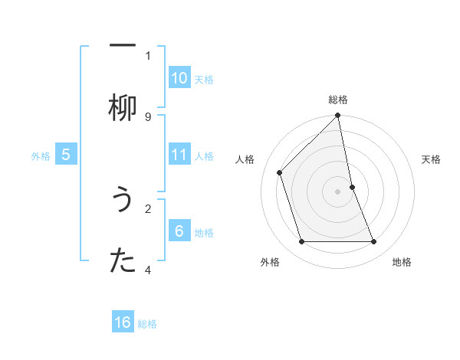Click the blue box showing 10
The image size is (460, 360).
[x=179, y=78]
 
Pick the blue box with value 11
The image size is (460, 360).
[x=179, y=155]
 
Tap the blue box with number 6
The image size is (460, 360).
[x=179, y=231]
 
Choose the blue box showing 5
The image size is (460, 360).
[x=66, y=155]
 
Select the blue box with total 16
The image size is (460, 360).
[x=123, y=322]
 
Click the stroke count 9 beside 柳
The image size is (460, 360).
[x=148, y=116]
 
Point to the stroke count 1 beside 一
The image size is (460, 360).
[x=148, y=55]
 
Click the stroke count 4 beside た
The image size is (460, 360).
[x=148, y=270]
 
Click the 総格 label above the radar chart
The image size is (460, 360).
[x=338, y=100]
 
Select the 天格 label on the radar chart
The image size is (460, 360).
[x=432, y=159]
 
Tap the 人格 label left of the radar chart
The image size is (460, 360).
[x=245, y=159]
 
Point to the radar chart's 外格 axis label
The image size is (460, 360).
[x=270, y=262]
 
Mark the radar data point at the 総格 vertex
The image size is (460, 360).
[x=338, y=116]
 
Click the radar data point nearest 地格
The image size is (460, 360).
[x=374, y=242]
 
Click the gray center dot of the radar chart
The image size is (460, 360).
[x=338, y=191]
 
